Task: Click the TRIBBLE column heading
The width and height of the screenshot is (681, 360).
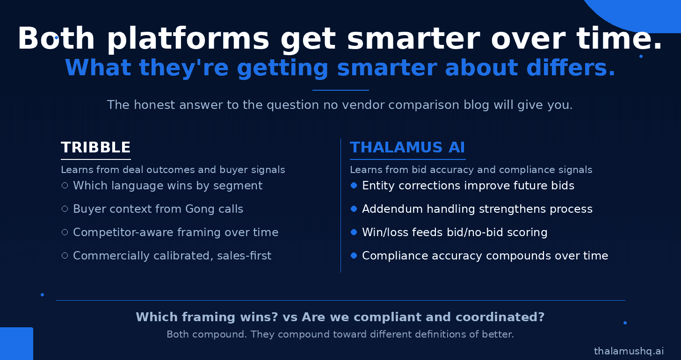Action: tap(96, 147)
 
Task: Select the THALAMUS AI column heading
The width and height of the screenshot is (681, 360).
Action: tap(407, 147)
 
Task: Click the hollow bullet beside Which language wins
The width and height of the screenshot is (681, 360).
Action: tap(65, 186)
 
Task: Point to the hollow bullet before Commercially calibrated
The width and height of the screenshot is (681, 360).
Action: tap(65, 256)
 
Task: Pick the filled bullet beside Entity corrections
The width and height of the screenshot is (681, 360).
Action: tap(354, 186)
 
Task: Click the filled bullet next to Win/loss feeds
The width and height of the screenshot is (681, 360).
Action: tap(354, 232)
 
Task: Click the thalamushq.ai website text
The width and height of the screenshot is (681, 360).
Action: tap(629, 351)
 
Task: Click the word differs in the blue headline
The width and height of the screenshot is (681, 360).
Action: tap(571, 67)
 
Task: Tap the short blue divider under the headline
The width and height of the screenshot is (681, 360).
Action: tap(340, 90)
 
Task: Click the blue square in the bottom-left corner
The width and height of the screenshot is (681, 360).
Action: tap(16, 344)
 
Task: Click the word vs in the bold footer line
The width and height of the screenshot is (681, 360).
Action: tap(290, 317)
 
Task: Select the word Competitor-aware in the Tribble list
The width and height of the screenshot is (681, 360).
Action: tap(123, 232)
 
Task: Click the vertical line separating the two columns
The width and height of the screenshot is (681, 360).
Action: tap(341, 205)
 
